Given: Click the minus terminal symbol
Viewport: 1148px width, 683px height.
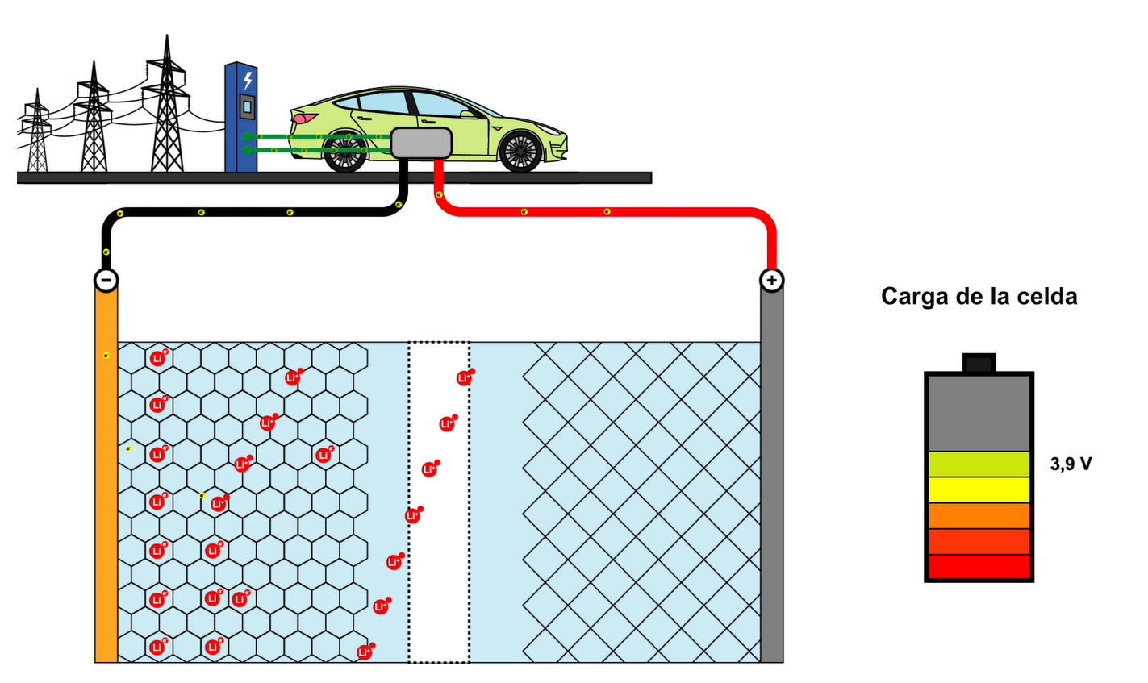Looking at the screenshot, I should point(106,280).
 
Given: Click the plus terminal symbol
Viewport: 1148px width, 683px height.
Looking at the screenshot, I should point(772,280).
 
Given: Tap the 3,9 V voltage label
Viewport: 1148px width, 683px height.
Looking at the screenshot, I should point(1071,464).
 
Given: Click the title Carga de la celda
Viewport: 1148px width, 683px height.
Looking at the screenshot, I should point(979,297).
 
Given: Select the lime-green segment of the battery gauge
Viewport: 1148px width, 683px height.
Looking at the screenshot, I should point(979,464).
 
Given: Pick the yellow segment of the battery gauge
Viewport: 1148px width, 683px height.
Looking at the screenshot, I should point(979,489).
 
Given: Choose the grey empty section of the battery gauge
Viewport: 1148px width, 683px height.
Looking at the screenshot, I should point(979,413).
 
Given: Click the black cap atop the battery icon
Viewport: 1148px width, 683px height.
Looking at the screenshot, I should point(979,363).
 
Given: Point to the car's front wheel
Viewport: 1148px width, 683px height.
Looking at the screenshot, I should point(520,151).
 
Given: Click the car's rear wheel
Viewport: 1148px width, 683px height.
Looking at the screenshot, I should point(345,152).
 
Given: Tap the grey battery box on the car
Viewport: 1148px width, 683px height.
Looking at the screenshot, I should point(420,143).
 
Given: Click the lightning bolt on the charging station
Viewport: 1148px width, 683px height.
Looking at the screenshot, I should point(248,80).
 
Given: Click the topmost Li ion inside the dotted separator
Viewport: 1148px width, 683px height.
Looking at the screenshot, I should point(464,377).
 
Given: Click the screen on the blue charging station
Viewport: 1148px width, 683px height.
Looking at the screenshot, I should point(247,106).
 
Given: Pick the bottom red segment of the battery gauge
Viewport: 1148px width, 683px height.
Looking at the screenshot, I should point(979,567).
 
